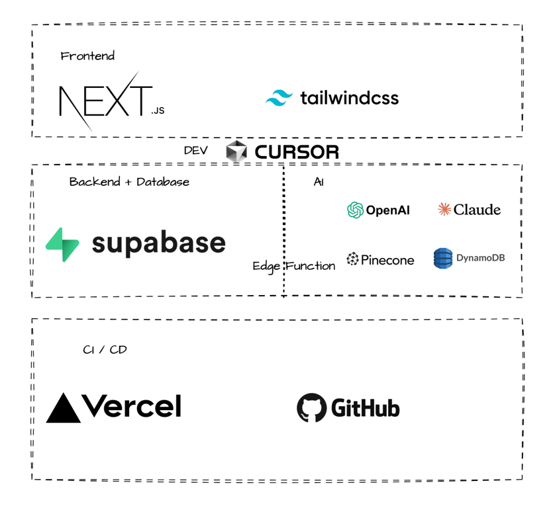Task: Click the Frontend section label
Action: pos(87,56)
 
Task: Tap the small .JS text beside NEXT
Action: pos(158,110)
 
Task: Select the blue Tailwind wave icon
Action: pos(279,98)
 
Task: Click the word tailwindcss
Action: pos(349,98)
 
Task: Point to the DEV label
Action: pos(195,151)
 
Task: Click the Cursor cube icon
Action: pos(236,151)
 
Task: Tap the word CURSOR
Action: pos(297,152)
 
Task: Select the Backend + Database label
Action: pos(129,182)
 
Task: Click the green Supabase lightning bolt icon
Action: pos(63,244)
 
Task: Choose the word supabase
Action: pos(158,243)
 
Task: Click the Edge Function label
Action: pos(293,266)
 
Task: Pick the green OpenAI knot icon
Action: pos(355,210)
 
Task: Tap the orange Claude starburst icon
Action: pos(444,210)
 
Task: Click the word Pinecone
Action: pos(387,260)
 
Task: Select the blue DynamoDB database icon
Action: pos(442,258)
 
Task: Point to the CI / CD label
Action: pos(105,349)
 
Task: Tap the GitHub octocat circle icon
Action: pos(311,408)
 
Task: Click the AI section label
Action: pos(319,182)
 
